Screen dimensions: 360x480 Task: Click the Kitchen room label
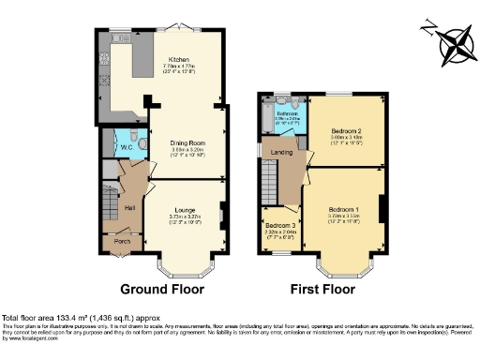(x=172, y=57)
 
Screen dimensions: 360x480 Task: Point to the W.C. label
(x=125, y=146)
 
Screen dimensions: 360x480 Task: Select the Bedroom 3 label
(x=279, y=226)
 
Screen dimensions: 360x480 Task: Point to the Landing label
(x=282, y=154)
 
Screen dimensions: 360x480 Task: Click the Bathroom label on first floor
(x=287, y=113)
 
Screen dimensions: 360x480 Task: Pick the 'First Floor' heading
(x=322, y=289)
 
